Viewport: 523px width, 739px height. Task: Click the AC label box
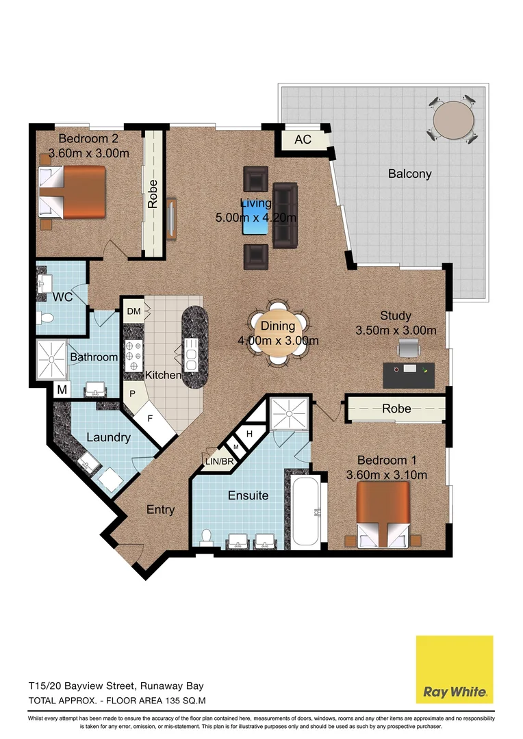coord(303,140)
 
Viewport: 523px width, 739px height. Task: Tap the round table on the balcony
coord(453,120)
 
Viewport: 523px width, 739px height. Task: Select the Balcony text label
coord(409,174)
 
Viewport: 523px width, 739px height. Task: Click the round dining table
coord(277,333)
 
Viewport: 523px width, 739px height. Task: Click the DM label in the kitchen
coord(134,312)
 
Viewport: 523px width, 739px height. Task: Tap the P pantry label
coord(133,395)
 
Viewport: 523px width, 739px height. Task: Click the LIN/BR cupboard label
coord(220,462)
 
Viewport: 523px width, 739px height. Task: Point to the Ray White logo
coord(455,669)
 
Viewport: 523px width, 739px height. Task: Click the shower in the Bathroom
coord(52,357)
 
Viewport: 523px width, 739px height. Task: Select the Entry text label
coord(160,510)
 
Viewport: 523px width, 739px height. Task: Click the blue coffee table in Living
coord(255,225)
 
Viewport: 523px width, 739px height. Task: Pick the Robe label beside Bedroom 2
coord(153,194)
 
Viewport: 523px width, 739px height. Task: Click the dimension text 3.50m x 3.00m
coord(396,330)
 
